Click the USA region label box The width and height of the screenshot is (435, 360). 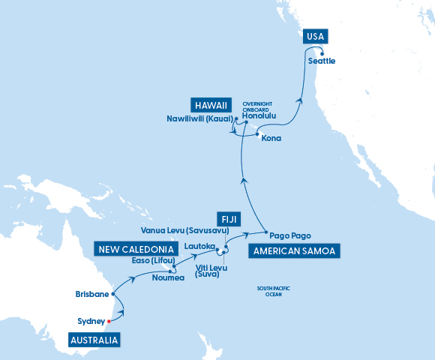pyautogui.click(x=316, y=38)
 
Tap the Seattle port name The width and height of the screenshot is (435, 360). pyautogui.click(x=321, y=61)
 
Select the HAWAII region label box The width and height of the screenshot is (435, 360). pyautogui.click(x=210, y=104)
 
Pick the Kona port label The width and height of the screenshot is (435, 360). pyautogui.click(x=271, y=139)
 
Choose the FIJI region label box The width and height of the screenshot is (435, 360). pyautogui.click(x=227, y=218)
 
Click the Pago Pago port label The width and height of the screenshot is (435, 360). pyautogui.click(x=289, y=235)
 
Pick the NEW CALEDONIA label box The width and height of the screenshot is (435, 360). pyautogui.click(x=136, y=248)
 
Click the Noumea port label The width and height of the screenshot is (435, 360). pyautogui.click(x=169, y=278)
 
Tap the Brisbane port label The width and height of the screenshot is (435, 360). pyautogui.click(x=92, y=294)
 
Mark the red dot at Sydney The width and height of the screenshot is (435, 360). pyautogui.click(x=109, y=321)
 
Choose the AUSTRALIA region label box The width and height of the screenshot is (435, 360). pyautogui.click(x=94, y=340)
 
